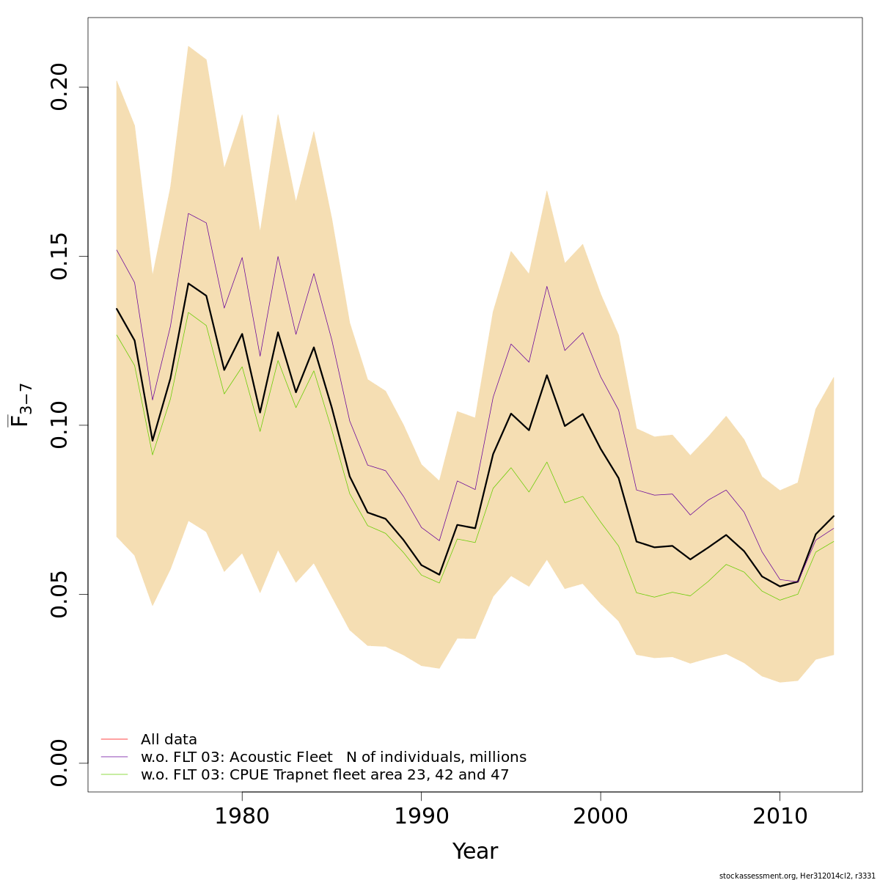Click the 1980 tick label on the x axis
(242, 817)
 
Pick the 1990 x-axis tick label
(422, 817)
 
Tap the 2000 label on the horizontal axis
(601, 817)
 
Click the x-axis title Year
(474, 851)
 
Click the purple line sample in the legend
(114, 757)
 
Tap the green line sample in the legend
(114, 774)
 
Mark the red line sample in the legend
(114, 739)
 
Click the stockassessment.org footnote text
(797, 876)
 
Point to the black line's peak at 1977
(188, 283)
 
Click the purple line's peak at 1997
(547, 286)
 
